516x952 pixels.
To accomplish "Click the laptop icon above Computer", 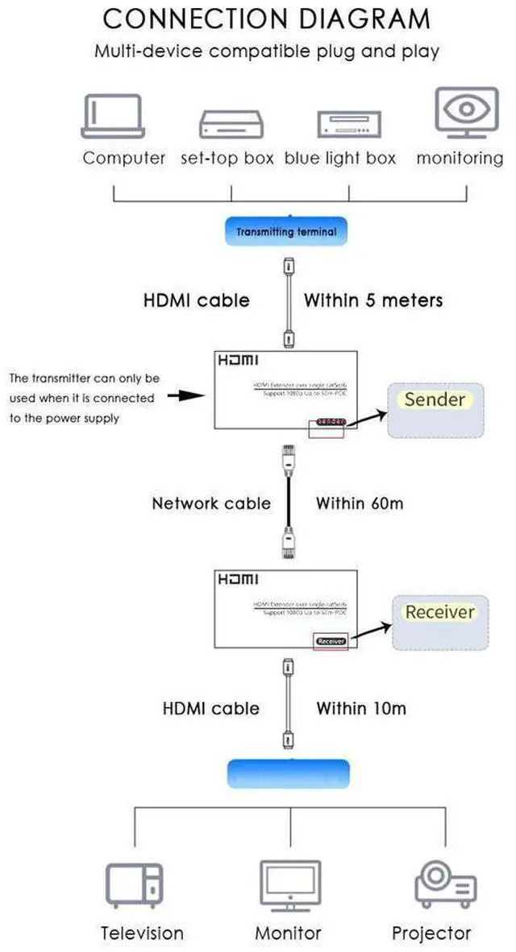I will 113,116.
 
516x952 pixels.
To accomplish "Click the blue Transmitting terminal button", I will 286,232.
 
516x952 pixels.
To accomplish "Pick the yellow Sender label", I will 435,399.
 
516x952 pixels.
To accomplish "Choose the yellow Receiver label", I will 439,612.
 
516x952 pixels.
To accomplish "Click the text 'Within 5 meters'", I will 373,300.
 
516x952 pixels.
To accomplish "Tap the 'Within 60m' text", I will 360,503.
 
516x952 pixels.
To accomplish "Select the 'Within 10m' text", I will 361,709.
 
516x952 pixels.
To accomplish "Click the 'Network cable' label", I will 211,503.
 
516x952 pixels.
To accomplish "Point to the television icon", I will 135,885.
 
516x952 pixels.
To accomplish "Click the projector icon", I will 440,885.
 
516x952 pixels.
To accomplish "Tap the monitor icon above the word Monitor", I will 288,885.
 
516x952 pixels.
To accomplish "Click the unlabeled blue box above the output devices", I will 289,773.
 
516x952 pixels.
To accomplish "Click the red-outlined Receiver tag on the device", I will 330,641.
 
